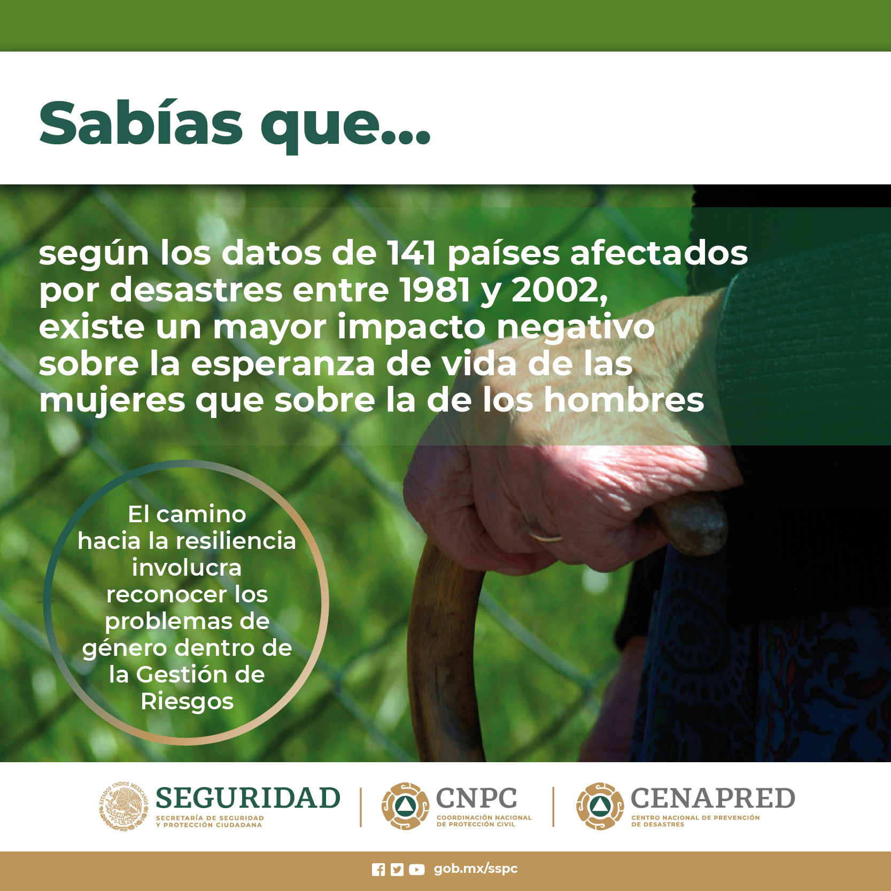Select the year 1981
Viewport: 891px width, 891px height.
point(435,290)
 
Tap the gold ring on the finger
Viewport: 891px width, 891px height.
point(545,536)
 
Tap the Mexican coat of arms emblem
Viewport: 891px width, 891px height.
point(123,806)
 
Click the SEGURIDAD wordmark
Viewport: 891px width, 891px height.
point(248,798)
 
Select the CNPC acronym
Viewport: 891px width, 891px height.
point(477,798)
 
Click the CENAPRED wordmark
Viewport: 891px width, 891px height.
point(713,798)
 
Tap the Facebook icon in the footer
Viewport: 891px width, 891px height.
point(378,870)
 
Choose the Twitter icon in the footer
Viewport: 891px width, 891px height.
point(397,870)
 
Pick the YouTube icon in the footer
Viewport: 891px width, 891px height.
point(417,870)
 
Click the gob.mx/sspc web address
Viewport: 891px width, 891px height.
point(476,869)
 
